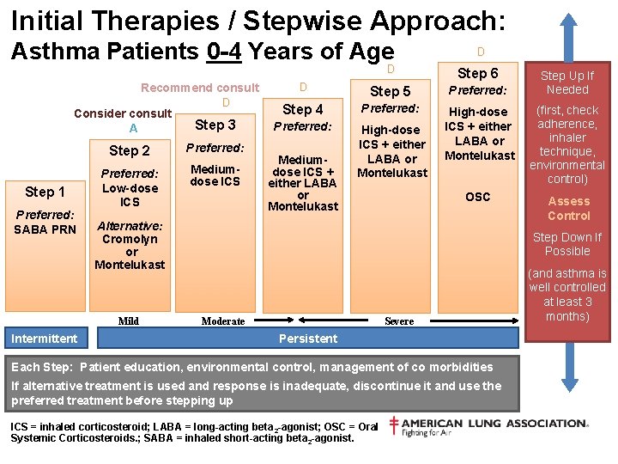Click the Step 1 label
[x=45, y=192]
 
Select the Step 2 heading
[x=129, y=150]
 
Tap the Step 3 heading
[x=215, y=125]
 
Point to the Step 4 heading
[x=303, y=109]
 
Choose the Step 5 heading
[x=390, y=91]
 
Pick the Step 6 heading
[x=477, y=73]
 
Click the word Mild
[x=129, y=321]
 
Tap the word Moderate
[x=223, y=321]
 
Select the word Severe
[x=399, y=321]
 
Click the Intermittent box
[x=44, y=339]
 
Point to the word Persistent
[x=308, y=339]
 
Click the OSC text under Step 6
[x=478, y=197]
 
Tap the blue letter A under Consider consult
[x=133, y=128]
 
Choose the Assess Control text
[x=569, y=208]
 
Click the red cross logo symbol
[x=392, y=424]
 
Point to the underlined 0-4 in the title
[x=225, y=52]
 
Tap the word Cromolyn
[x=130, y=239]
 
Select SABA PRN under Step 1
[x=45, y=229]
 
